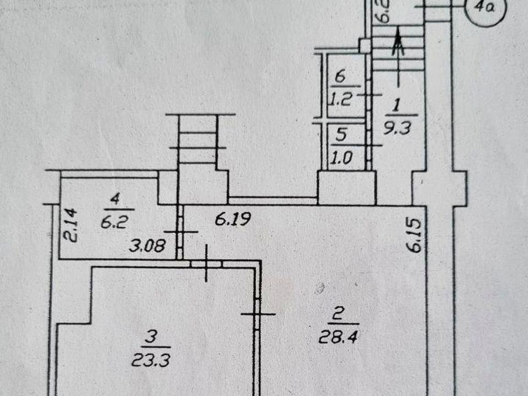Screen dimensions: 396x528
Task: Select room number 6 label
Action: (x=340, y=77)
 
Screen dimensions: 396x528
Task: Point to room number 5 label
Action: (x=341, y=133)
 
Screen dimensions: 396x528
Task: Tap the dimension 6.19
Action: (x=233, y=221)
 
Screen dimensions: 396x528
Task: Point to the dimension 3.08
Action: (x=147, y=245)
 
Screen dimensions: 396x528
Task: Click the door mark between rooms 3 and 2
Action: (x=257, y=314)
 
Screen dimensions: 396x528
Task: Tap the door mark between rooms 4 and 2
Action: (x=180, y=232)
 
